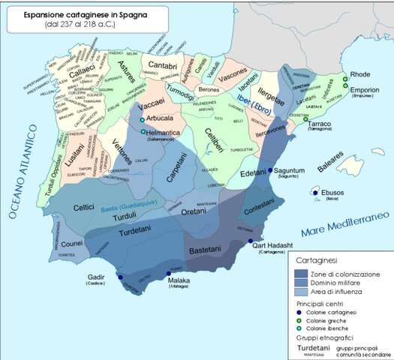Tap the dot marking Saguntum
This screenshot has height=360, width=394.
271,170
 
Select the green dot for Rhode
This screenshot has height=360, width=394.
345,79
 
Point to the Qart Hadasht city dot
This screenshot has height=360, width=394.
251,241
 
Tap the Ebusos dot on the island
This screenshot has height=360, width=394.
314,192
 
